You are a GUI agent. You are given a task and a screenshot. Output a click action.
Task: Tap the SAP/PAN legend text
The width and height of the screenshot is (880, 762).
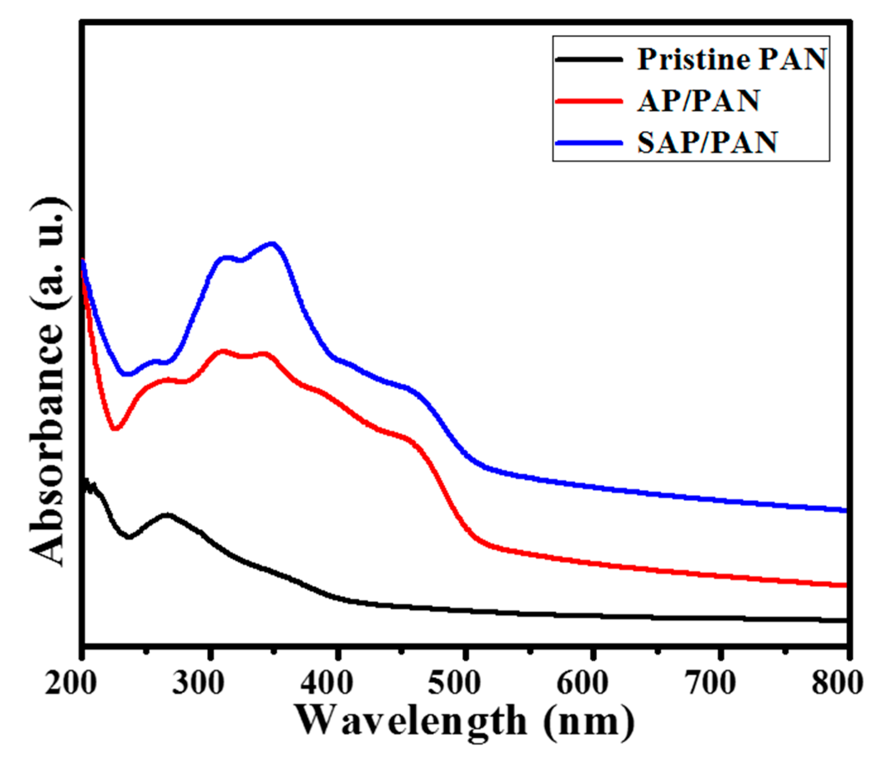click(707, 142)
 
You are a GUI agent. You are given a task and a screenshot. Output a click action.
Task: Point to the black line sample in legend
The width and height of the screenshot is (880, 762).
click(588, 60)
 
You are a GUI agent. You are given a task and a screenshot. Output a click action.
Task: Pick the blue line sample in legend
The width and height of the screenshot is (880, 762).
click(588, 142)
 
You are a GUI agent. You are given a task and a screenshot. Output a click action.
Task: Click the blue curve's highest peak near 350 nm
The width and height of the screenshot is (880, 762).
click(272, 244)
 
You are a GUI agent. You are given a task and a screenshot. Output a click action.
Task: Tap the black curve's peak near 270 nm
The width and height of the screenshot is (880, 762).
click(168, 515)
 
